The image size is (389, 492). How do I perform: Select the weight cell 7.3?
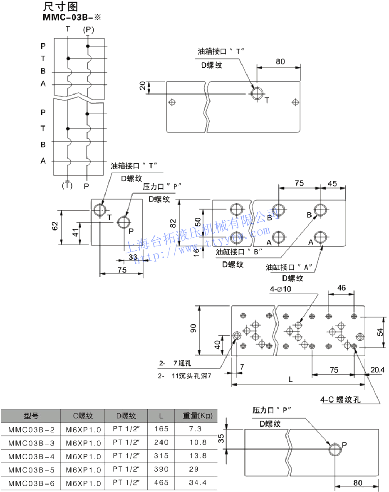[196, 429]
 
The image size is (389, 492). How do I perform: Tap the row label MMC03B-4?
[31, 456]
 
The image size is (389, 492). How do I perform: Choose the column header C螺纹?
[83, 415]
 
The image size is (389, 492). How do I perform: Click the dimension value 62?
[55, 227]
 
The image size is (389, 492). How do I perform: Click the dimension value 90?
[193, 329]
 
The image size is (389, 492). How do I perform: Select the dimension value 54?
[379, 332]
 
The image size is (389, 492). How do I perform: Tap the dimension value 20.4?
[377, 369]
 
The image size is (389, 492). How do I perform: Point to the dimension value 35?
[221, 438]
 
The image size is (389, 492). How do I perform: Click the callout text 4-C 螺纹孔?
[340, 399]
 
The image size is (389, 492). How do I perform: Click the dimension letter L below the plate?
[290, 379]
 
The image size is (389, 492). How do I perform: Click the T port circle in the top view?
[257, 93]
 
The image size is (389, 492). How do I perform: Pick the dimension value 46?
[341, 288]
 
